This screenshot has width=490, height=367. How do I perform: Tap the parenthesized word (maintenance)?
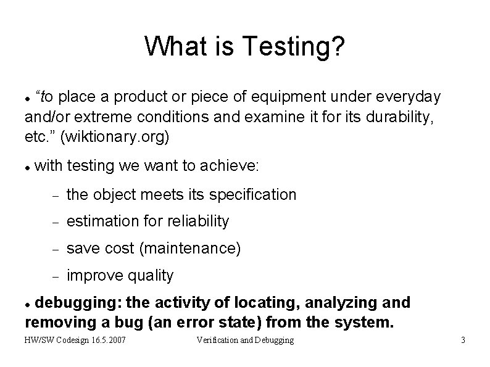click(x=190, y=248)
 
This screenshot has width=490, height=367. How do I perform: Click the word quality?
click(x=151, y=275)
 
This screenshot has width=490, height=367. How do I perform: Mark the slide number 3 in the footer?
click(x=462, y=340)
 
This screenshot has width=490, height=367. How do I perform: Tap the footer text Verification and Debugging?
click(x=245, y=340)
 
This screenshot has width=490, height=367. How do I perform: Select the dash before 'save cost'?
click(x=54, y=249)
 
